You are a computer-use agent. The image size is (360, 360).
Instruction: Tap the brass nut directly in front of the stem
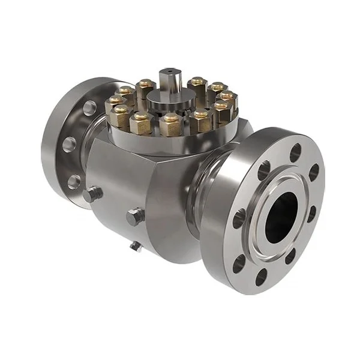coord(170,124)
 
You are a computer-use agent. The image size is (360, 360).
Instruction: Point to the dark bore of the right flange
coord(281,212)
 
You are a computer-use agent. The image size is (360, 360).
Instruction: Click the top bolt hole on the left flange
coord(89,108)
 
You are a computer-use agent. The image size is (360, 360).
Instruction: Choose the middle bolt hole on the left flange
coord(70,144)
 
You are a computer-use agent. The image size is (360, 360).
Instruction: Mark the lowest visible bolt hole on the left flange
coord(73,181)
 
